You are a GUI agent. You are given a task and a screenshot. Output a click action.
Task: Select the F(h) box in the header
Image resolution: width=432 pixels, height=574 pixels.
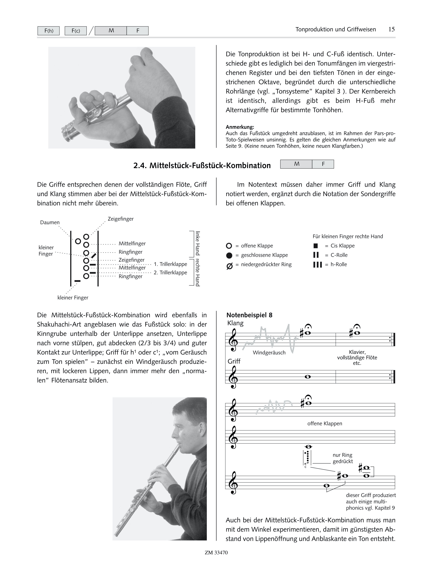49,31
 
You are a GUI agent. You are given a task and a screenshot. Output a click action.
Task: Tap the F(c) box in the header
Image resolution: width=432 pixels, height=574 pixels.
76,31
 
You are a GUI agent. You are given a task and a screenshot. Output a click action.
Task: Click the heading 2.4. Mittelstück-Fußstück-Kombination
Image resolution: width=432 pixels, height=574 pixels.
202,166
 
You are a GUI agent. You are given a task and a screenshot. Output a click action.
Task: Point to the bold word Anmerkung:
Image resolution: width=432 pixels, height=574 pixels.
240,127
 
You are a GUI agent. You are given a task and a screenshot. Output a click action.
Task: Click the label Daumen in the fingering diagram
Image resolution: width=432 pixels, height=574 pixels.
50,222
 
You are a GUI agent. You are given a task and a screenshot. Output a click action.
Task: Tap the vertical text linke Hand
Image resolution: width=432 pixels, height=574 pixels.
198,243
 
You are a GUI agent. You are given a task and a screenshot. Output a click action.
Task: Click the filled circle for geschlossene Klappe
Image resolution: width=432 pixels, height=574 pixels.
229,255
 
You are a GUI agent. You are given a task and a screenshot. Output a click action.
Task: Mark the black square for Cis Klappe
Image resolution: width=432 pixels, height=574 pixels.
316,246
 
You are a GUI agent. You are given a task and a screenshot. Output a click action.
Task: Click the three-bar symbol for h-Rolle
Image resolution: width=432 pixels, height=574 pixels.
317,265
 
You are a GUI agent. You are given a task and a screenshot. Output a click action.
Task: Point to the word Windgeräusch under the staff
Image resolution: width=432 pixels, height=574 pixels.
269,353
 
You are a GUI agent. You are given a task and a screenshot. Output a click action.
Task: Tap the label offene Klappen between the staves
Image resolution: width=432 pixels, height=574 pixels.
325,423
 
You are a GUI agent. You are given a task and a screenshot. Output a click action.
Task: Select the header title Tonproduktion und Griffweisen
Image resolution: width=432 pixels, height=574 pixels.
336,29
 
